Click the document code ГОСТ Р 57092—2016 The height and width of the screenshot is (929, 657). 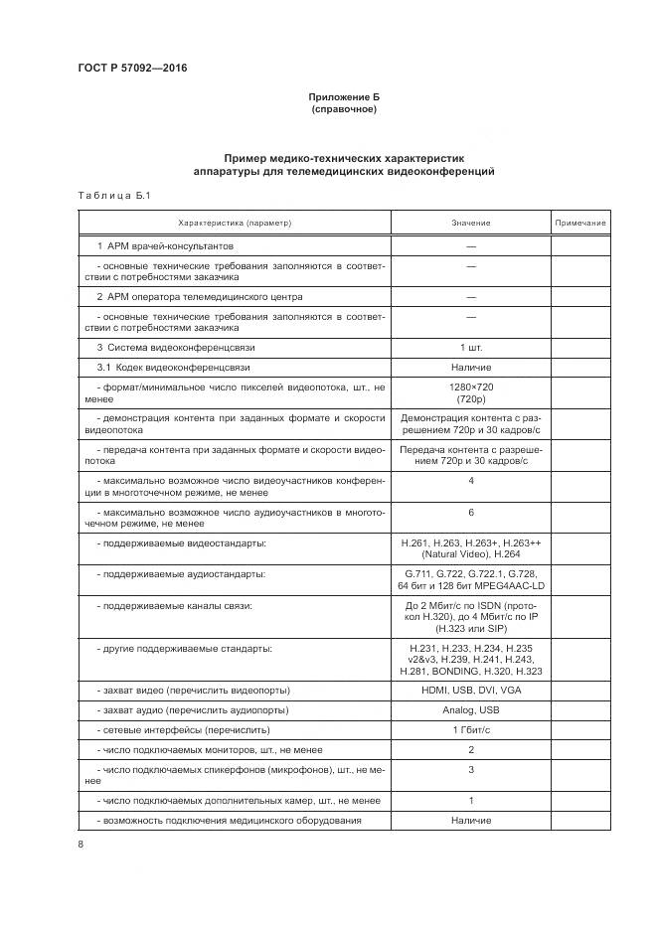point(132,69)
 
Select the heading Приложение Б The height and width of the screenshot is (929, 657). point(345,97)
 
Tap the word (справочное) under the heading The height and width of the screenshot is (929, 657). point(345,109)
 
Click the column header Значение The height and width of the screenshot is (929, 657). point(470,224)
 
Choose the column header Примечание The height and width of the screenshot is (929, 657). point(580,224)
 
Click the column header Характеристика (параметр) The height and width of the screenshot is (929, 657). point(235,224)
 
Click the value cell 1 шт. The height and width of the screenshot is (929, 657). point(470,348)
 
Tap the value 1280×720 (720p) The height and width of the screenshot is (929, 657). point(470,391)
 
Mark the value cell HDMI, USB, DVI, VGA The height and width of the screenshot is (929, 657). point(470,691)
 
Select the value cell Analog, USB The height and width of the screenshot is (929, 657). point(470,710)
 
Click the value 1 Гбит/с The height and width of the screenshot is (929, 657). point(470,730)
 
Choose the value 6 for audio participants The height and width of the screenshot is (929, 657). point(470,512)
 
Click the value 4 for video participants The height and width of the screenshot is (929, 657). point(470,481)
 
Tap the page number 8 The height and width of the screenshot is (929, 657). point(81,845)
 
